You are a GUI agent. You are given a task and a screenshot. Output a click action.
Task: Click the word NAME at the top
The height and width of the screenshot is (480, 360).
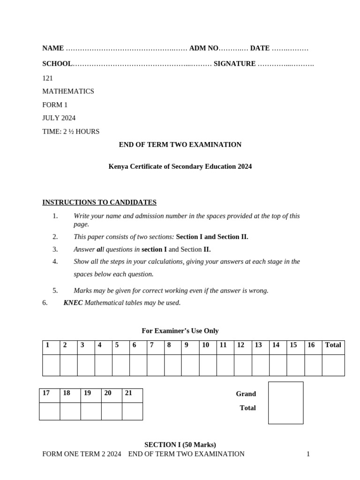(53, 48)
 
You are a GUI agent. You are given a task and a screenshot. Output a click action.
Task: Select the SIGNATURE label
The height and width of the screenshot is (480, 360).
(234, 64)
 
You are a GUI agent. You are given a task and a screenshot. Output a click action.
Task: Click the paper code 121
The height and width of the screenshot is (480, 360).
(47, 78)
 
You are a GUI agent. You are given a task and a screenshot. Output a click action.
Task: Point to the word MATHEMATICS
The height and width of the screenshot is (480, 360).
(68, 91)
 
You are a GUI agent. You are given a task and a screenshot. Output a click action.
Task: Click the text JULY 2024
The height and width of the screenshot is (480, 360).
(59, 118)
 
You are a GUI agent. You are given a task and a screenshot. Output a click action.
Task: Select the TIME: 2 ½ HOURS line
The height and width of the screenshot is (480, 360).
(71, 132)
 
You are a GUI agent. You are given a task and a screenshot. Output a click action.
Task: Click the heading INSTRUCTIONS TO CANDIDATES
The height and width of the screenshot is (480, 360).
(99, 202)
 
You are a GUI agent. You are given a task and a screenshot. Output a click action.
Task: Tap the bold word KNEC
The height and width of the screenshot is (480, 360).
(73, 303)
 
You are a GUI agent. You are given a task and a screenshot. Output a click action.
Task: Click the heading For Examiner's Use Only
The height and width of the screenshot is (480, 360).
(180, 331)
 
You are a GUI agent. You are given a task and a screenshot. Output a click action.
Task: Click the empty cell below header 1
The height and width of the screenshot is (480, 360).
(51, 365)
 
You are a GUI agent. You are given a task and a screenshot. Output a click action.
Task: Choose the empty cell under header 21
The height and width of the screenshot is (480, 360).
(132, 411)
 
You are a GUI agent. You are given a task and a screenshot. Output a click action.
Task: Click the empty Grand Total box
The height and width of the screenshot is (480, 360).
(285, 403)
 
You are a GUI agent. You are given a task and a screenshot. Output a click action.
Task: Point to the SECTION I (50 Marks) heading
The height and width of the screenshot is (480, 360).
(180, 444)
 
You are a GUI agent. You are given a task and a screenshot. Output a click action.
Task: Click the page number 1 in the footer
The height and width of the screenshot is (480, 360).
(308, 454)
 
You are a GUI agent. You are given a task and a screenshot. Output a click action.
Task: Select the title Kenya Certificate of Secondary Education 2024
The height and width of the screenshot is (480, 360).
(180, 166)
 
